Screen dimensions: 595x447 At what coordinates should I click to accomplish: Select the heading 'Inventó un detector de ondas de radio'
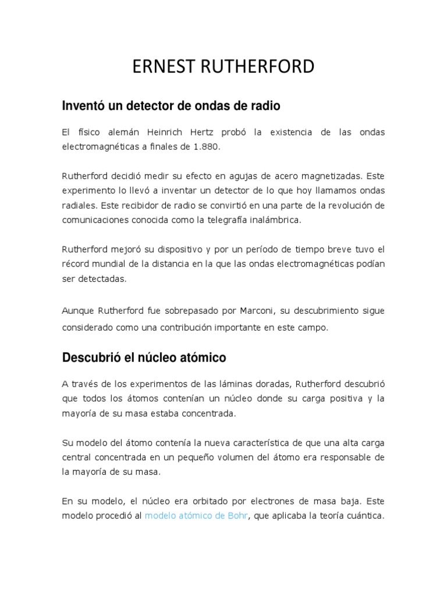171,106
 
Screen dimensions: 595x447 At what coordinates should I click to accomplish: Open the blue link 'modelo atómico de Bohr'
197,516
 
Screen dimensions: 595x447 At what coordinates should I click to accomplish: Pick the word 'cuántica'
367,516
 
